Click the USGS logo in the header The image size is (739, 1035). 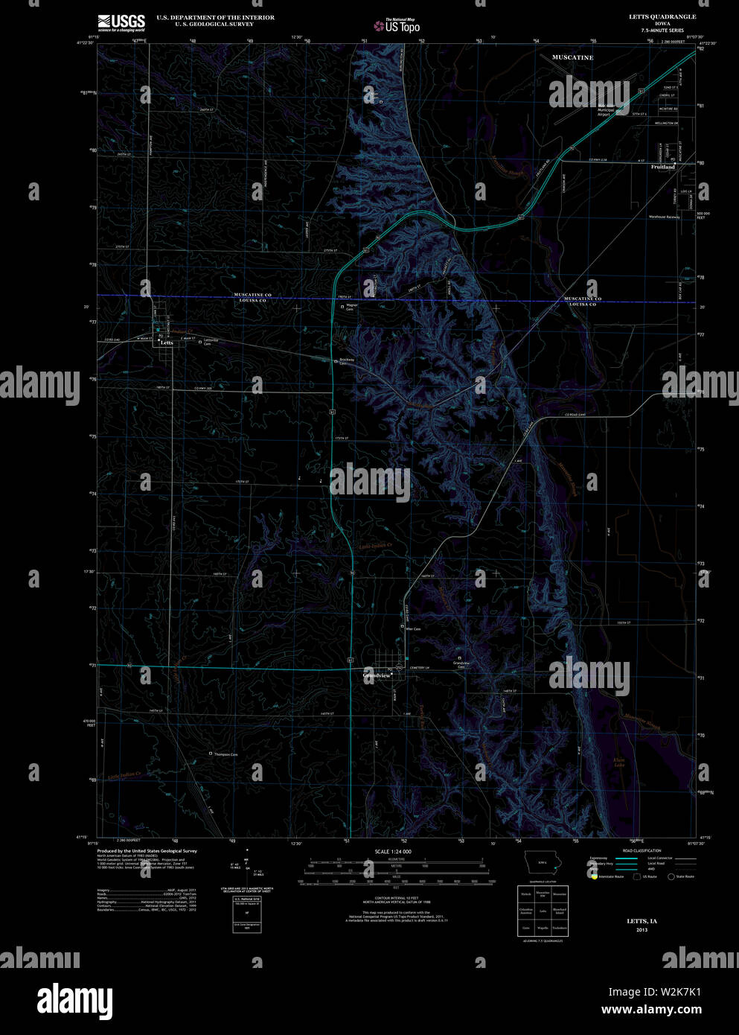pos(121,22)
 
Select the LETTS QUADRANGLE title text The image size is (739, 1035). pos(642,16)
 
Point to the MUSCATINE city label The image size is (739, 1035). pos(572,57)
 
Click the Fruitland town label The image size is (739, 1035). pos(662,167)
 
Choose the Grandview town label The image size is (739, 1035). pos(377,675)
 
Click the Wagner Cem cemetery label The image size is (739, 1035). pos(351,307)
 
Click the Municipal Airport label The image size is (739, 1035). pos(604,112)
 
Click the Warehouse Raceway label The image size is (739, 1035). pos(664,217)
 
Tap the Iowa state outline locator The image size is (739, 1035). pos(542,864)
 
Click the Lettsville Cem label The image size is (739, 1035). pos(212,343)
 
